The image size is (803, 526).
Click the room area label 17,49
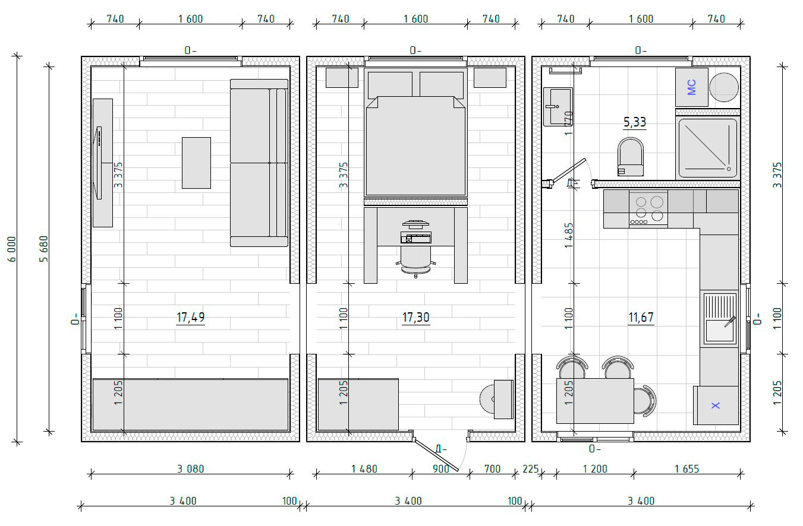pos(190,317)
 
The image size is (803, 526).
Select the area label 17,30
pos(416,317)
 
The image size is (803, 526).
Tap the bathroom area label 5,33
pos(635,122)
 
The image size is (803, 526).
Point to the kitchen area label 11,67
pos(641,317)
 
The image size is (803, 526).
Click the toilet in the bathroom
pos(631,157)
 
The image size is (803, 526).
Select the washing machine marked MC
pos(692,87)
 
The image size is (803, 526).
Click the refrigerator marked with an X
pos(716,405)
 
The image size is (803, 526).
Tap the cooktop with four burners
pos(648,209)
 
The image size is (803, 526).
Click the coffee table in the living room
pos(197,163)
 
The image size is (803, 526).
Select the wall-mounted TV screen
pos(99,163)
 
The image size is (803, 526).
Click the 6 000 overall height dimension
pos(12,249)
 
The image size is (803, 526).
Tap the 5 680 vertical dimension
pos(43,249)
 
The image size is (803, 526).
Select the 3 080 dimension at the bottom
pos(190,468)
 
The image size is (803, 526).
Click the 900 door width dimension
pos(441,468)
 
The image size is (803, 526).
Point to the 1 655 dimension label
pos(687,468)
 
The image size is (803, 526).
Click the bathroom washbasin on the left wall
pos(558,107)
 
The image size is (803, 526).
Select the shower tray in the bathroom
pos(708,148)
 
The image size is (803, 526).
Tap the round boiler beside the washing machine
pos(724,87)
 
